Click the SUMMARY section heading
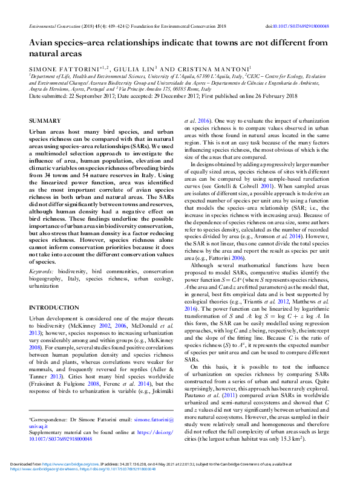point(44,122)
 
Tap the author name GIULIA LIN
point(132,69)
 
